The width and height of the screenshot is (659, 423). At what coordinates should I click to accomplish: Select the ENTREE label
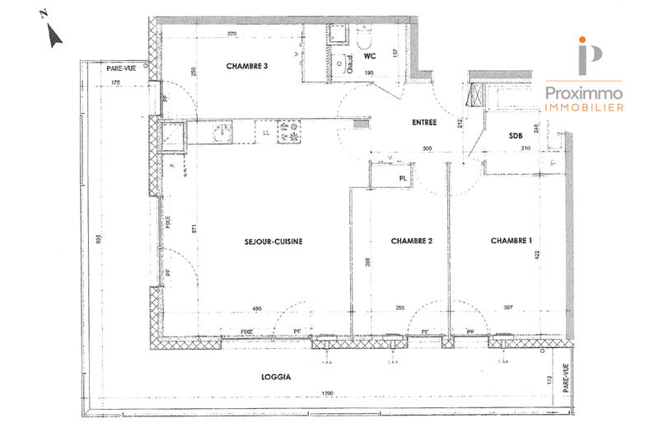click(x=424, y=123)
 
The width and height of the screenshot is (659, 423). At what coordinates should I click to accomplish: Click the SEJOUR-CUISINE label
click(x=273, y=242)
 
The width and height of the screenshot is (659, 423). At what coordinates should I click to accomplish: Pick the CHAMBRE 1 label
click(x=511, y=242)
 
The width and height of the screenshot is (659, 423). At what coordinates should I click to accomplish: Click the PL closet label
click(x=403, y=176)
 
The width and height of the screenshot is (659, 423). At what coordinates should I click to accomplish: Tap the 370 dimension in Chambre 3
click(x=231, y=34)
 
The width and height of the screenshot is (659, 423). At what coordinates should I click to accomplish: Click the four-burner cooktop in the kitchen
click(x=290, y=129)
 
